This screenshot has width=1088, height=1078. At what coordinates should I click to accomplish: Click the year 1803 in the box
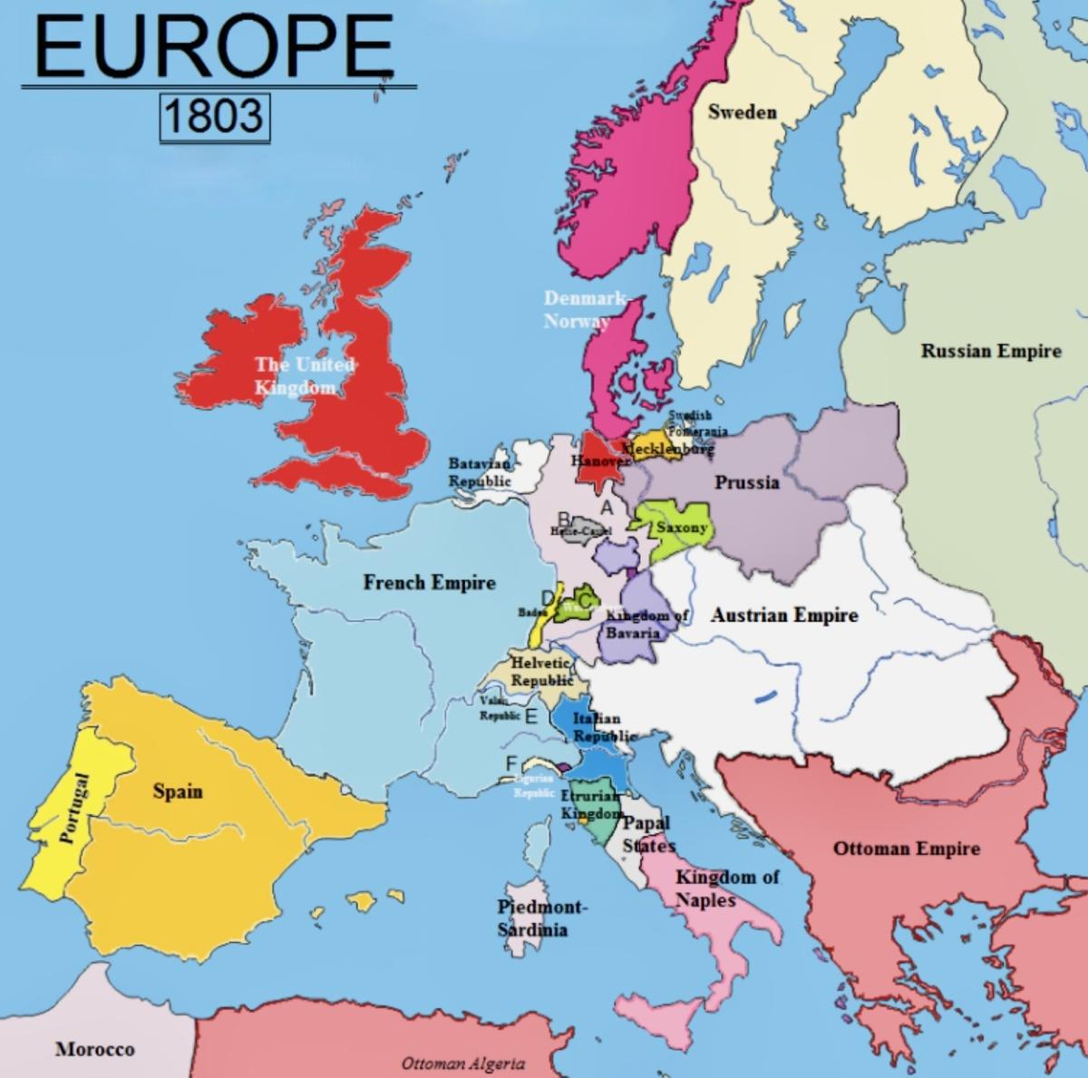(214, 115)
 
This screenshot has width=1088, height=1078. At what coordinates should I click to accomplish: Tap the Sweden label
(742, 112)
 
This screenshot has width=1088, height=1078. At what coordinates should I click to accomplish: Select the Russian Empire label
(990, 351)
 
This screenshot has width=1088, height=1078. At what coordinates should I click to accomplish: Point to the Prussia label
(746, 481)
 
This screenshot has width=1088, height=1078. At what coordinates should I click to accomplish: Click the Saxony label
(681, 527)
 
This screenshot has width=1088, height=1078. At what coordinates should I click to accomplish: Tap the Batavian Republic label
(480, 471)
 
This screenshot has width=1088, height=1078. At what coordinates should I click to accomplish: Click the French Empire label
(430, 582)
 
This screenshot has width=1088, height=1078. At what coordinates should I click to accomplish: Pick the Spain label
(178, 792)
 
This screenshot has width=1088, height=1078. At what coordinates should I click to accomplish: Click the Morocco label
(94, 1049)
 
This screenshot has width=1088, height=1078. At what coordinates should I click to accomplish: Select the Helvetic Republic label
(541, 672)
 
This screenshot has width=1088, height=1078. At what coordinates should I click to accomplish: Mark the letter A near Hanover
(607, 508)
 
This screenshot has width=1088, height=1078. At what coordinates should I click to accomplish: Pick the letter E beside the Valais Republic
(530, 716)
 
